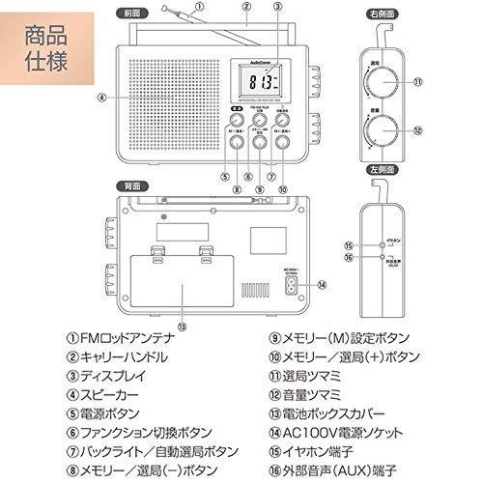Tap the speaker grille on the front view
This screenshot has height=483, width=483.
coord(172,99)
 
